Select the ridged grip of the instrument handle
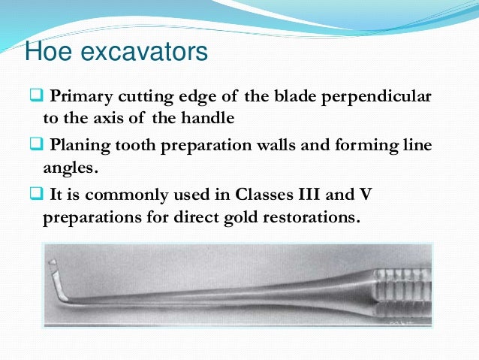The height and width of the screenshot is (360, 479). point(402,282)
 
